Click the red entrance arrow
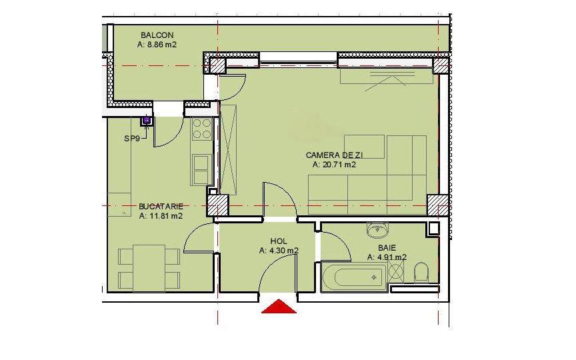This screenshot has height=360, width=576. (x=279, y=307)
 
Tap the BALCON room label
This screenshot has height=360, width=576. (x=157, y=35)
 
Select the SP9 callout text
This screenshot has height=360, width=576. (x=132, y=139)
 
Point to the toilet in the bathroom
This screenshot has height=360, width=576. (x=421, y=272)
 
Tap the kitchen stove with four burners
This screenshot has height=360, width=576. (x=201, y=129)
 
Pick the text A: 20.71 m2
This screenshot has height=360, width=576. (x=334, y=164)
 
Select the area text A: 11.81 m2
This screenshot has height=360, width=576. (x=161, y=216)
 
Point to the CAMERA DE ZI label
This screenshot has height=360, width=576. (x=334, y=155)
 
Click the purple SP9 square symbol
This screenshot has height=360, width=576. (x=146, y=121)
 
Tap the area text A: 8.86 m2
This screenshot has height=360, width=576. (x=157, y=45)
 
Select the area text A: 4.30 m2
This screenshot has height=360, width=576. (x=279, y=251)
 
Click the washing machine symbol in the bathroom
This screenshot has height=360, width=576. (x=396, y=273)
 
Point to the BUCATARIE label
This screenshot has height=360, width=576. (x=161, y=207)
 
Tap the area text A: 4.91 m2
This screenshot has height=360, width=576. (x=387, y=257)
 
